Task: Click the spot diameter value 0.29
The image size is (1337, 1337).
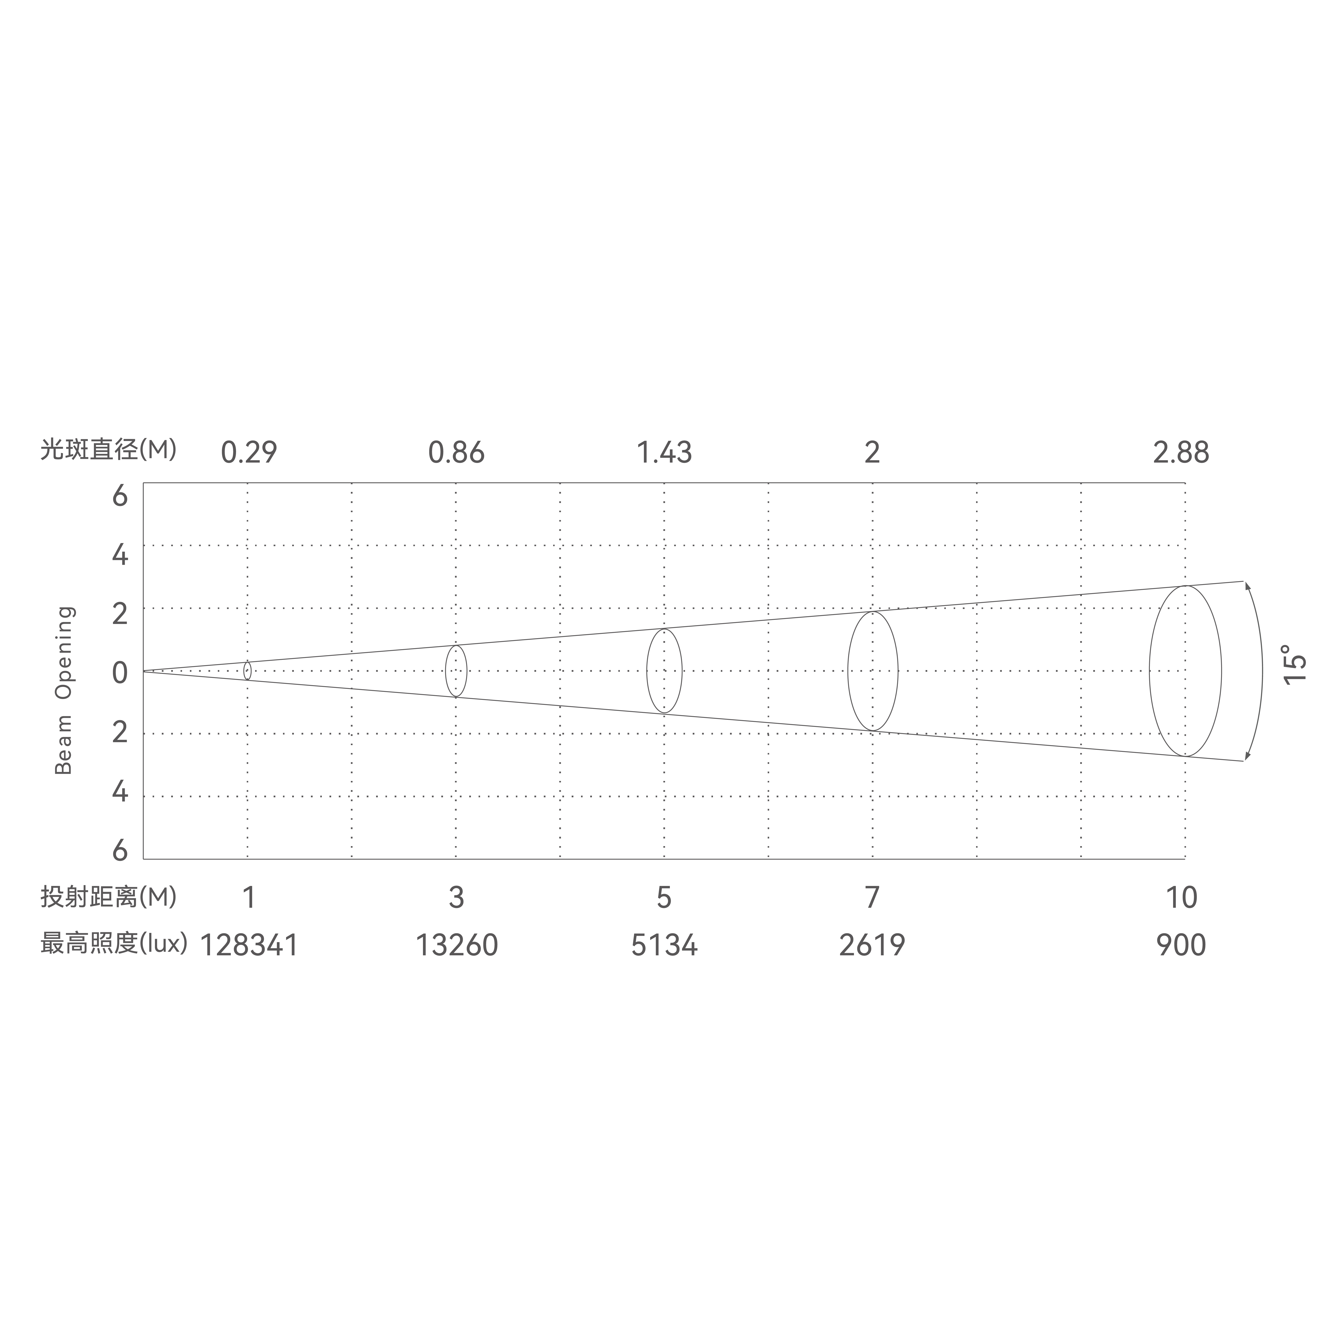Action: point(249,453)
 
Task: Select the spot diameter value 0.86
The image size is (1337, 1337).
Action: point(457,453)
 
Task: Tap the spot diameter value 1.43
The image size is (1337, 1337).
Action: point(664,453)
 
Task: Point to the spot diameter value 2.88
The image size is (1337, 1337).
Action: point(1181,453)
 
